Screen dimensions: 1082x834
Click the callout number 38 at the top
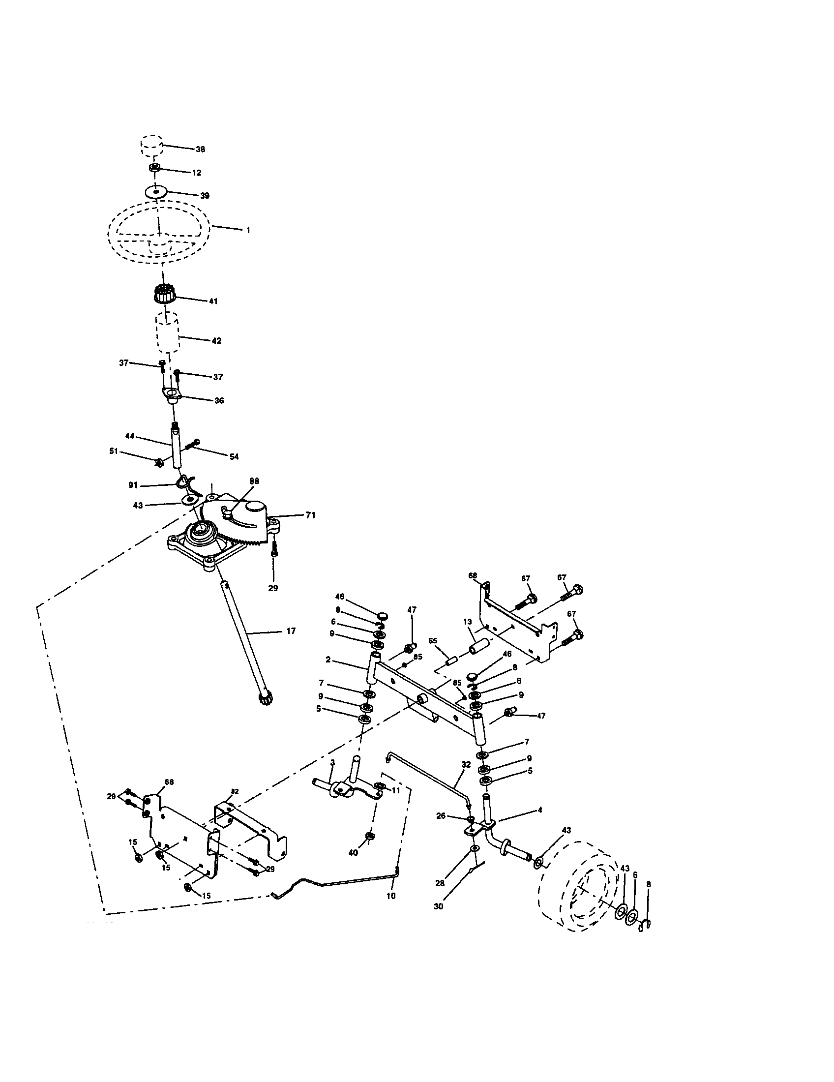[x=200, y=149]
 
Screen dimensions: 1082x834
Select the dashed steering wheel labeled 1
[x=158, y=230]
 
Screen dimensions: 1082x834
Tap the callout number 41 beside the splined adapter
[x=213, y=301]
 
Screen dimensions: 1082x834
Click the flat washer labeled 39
[x=156, y=191]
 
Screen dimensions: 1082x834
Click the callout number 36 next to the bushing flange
[x=219, y=400]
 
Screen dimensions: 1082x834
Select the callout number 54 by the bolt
[x=234, y=456]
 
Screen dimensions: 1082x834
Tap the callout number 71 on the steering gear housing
[x=310, y=515]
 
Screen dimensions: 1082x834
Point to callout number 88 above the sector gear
[x=254, y=481]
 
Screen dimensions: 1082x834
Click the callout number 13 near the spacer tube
[x=467, y=622]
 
